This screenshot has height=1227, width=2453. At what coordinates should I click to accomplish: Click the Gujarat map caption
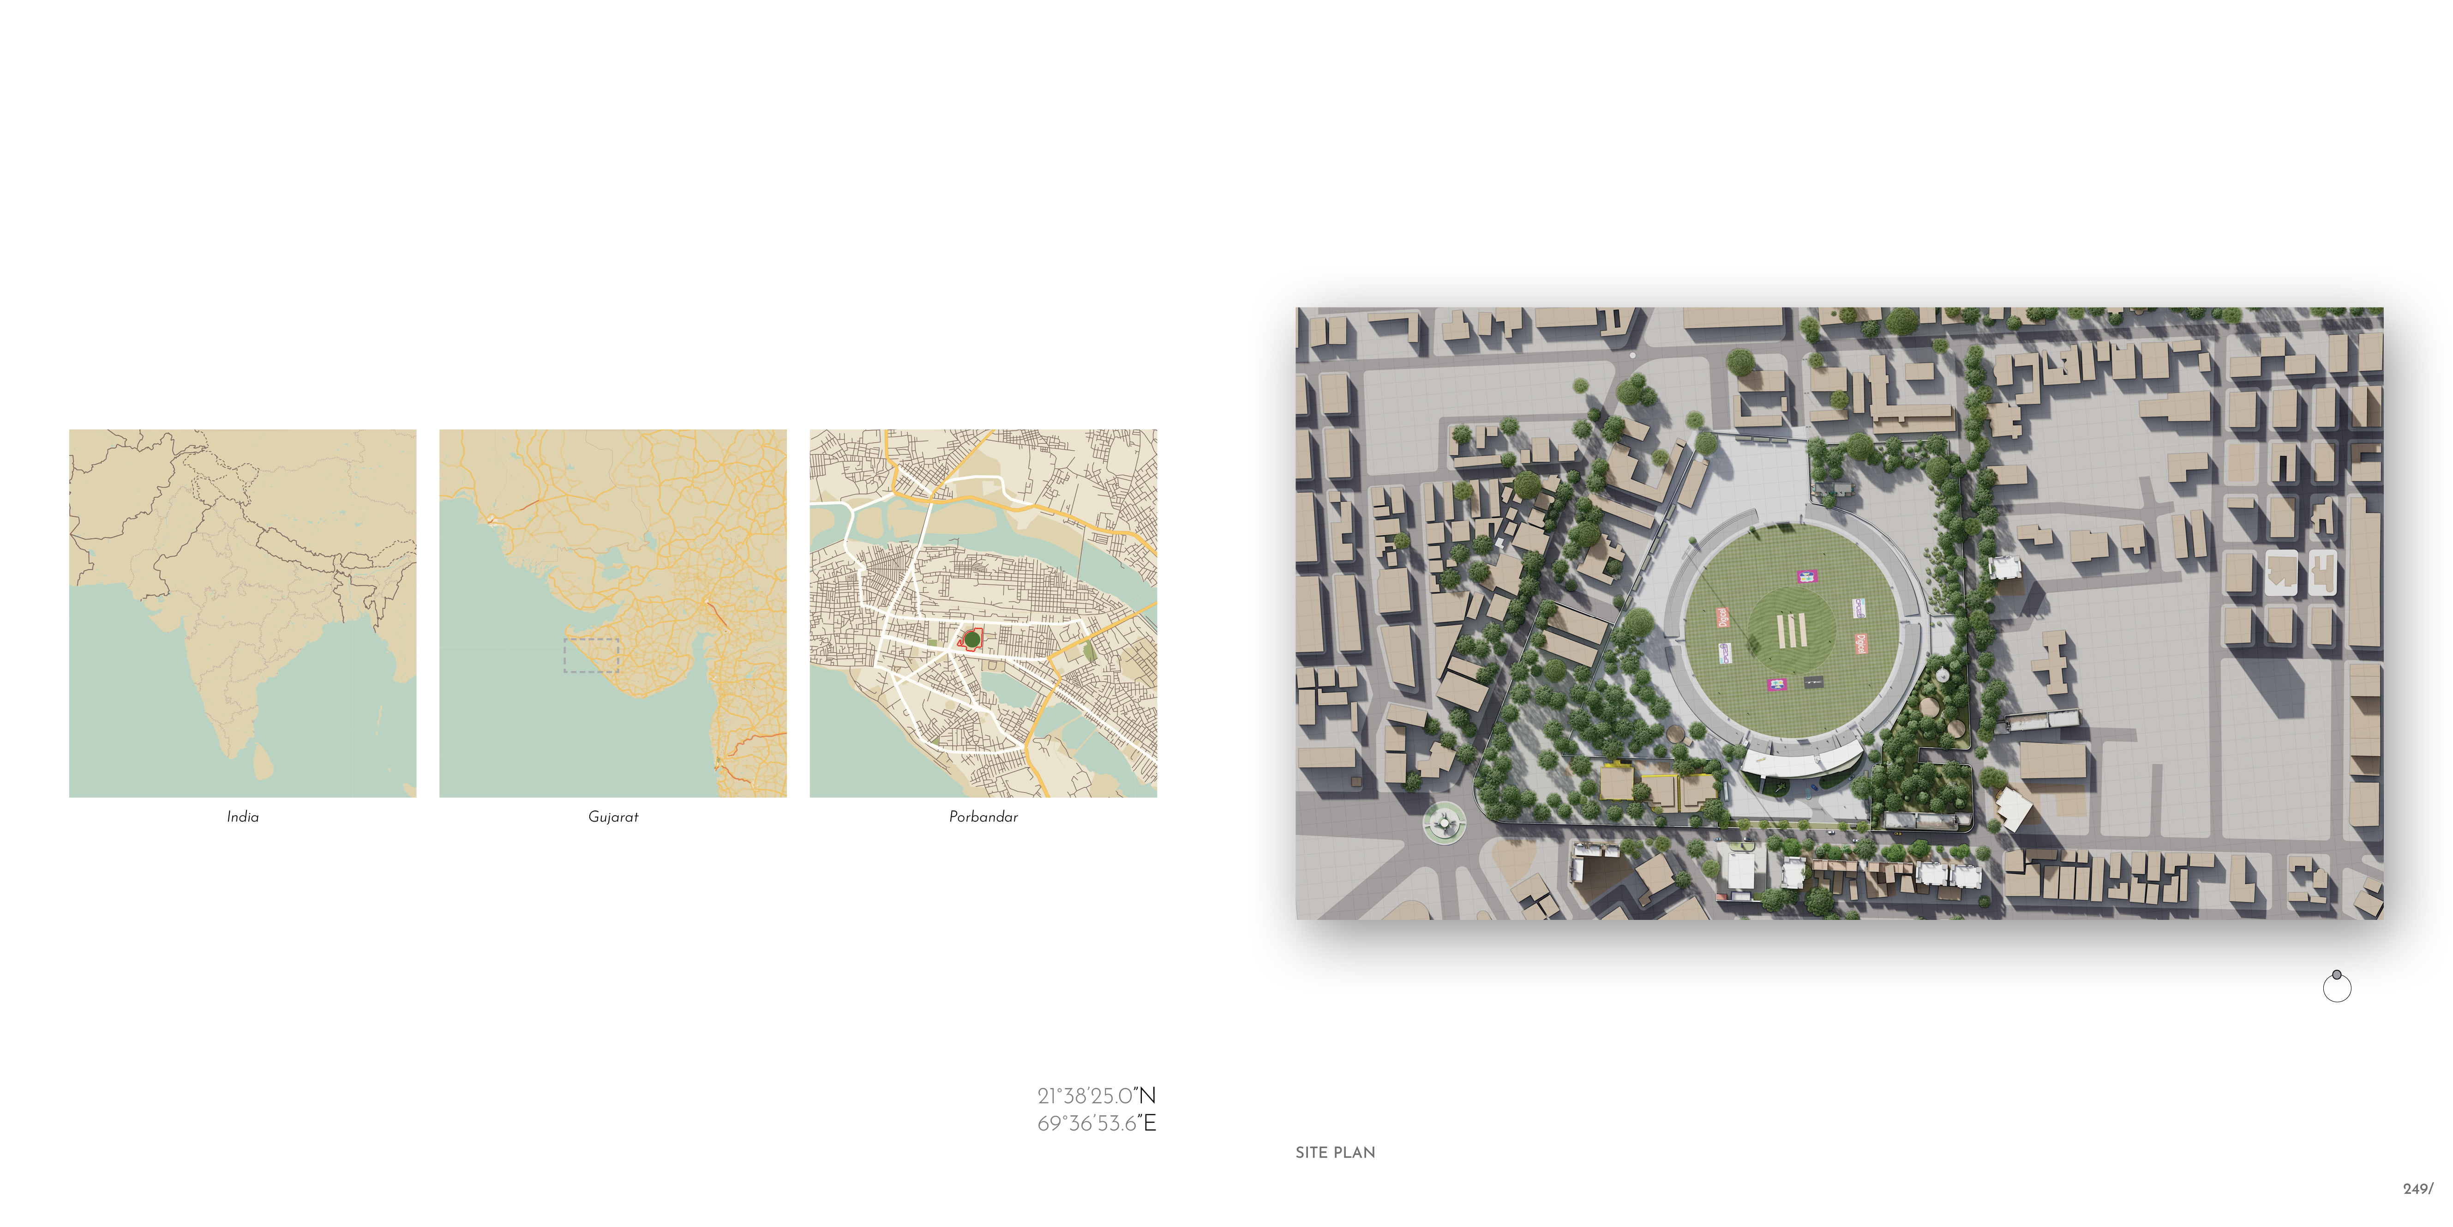(613, 816)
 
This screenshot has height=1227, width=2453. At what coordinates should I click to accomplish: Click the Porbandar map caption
(983, 816)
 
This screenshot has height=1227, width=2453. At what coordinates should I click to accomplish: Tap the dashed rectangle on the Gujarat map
(591, 655)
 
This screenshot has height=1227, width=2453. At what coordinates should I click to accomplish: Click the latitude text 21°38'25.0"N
(1096, 1095)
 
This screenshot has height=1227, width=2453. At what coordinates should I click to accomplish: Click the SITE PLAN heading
(1335, 1153)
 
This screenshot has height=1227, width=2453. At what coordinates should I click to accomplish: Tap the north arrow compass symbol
(2337, 987)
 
